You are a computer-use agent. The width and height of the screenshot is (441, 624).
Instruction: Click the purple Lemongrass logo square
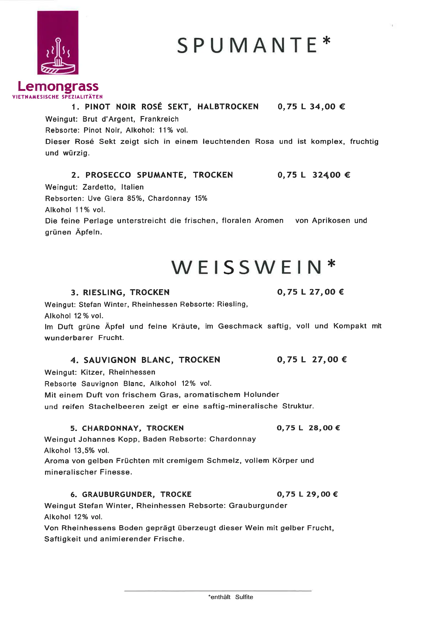tap(58, 42)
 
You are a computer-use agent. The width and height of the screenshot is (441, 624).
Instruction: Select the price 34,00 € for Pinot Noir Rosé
tap(327, 107)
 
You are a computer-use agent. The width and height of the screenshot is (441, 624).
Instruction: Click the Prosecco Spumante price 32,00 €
tap(331, 175)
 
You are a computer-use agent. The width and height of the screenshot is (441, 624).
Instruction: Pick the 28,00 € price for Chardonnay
tap(324, 428)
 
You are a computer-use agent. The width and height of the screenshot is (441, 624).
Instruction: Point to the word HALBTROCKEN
tap(228, 107)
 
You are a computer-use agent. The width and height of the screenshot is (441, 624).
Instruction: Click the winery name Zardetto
tap(99, 187)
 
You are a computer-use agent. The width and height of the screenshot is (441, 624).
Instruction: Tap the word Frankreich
tap(159, 119)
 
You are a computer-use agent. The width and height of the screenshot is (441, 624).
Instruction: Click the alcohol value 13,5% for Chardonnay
tap(84, 451)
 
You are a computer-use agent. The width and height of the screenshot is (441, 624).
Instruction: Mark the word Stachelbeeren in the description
tap(116, 406)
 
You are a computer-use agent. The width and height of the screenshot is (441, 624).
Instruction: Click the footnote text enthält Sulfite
tap(230, 597)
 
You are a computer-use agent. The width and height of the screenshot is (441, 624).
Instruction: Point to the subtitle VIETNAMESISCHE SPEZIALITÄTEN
tap(58, 97)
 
